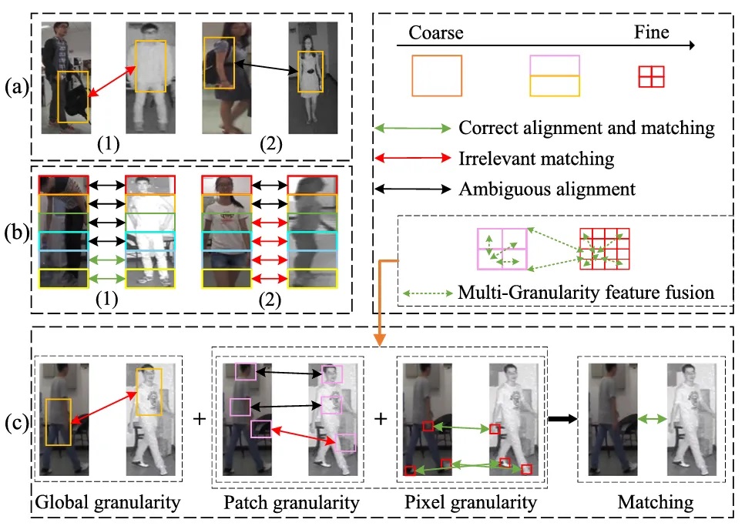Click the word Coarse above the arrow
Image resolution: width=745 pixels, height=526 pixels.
[436, 32]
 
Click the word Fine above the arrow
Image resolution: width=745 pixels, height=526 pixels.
[652, 32]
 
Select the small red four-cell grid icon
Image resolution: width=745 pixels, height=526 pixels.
[651, 76]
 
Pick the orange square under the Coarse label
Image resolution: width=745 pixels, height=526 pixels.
[437, 76]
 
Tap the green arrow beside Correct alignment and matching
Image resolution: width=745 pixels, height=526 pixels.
[412, 128]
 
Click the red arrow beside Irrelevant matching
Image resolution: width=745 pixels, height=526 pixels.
[412, 158]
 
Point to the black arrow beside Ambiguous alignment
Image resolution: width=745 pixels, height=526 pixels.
[412, 189]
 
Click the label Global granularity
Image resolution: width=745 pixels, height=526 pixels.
[108, 503]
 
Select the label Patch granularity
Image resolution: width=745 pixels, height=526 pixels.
[291, 503]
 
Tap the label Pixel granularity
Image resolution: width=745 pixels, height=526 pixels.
[471, 502]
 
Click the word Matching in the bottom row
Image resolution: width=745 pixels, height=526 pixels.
[655, 502]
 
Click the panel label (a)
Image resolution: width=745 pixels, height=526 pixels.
[17, 87]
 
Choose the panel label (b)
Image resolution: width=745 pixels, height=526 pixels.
[17, 233]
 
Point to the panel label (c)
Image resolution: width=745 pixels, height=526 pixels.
[17, 422]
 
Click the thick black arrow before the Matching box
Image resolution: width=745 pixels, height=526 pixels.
[562, 419]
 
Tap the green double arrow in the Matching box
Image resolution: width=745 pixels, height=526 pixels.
[652, 419]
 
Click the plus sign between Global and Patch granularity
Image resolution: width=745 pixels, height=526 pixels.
[200, 419]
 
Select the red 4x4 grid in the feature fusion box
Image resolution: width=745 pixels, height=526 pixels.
[604, 249]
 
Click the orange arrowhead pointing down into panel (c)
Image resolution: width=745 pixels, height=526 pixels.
[379, 340]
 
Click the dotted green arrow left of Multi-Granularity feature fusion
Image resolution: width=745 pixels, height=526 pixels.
[428, 293]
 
